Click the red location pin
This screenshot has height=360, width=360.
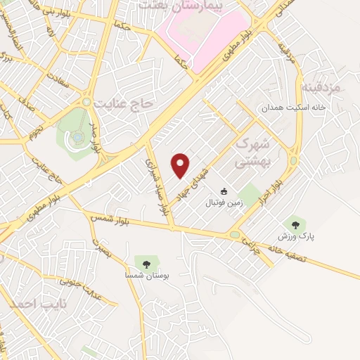tap(181, 165)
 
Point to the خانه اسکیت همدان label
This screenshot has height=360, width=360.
tap(285, 108)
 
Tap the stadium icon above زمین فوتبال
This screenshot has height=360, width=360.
tap(224, 191)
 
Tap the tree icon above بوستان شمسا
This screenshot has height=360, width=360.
tap(146, 264)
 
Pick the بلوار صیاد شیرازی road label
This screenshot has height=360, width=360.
tap(158, 186)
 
